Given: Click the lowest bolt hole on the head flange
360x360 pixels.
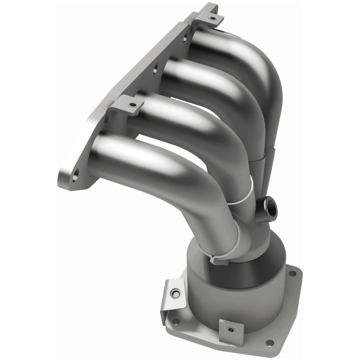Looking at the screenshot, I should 75,173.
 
